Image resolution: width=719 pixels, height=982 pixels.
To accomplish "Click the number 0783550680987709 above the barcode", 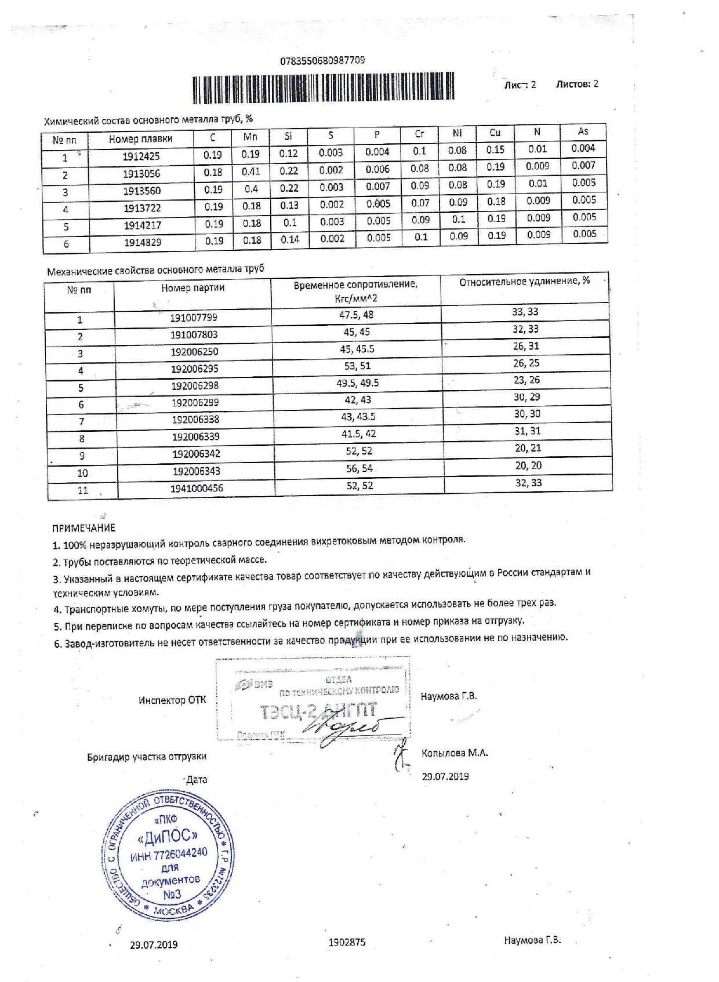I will coord(322,61).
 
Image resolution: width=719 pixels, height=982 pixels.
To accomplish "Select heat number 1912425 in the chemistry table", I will coord(141,156).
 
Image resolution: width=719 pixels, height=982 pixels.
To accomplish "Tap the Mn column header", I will coord(250,137).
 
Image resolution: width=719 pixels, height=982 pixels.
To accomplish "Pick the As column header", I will coord(583,132).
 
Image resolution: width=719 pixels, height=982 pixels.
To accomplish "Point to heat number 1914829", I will coord(142,243).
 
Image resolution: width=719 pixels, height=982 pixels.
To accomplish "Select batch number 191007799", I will coord(194,318).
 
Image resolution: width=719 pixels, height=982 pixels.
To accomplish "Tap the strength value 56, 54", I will coord(359,468).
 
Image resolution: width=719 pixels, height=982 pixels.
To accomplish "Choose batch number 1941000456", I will coord(197,488).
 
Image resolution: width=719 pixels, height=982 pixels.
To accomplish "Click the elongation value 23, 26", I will coord(526,380).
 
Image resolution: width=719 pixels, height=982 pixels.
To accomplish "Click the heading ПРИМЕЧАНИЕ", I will coord(83,528).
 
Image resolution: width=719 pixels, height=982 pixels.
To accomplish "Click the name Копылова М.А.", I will coord(455,753).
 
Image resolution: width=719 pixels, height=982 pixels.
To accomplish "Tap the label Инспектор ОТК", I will coord(172,700).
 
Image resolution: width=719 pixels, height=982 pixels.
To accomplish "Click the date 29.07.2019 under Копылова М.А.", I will coord(445,776).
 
